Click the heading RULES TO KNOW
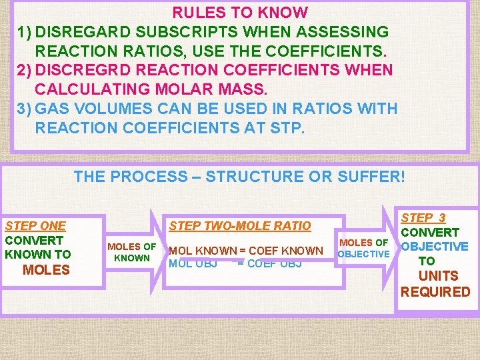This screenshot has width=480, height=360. click(x=240, y=13)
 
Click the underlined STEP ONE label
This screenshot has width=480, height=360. click(x=35, y=226)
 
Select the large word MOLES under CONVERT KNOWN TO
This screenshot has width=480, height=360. click(x=46, y=270)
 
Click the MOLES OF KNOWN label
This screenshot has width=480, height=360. click(x=131, y=252)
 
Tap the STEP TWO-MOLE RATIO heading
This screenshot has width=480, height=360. click(x=240, y=226)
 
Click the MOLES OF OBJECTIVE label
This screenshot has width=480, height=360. click(x=363, y=248)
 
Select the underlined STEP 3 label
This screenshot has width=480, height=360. click(x=423, y=218)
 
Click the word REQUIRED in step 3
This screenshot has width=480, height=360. click(x=435, y=292)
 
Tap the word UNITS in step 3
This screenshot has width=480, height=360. click(x=438, y=276)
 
